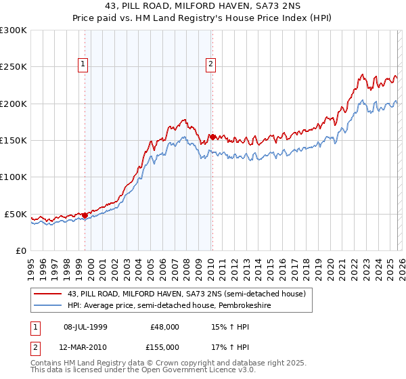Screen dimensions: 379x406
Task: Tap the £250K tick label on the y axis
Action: (14, 67)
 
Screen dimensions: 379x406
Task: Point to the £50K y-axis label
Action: (16, 214)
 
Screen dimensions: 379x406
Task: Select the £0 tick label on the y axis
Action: (21, 250)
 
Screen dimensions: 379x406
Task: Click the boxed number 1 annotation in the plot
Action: (83, 64)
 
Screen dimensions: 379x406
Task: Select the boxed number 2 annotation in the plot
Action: (210, 64)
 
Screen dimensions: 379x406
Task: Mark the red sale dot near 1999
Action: (85, 215)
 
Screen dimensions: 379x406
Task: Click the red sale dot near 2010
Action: (212, 137)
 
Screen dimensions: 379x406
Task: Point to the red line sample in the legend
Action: (48, 294)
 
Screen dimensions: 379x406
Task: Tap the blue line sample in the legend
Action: (48, 305)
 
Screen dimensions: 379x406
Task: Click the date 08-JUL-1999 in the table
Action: (86, 326)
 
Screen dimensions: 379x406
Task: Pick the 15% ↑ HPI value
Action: (229, 326)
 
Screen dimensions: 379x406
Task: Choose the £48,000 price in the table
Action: (165, 326)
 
